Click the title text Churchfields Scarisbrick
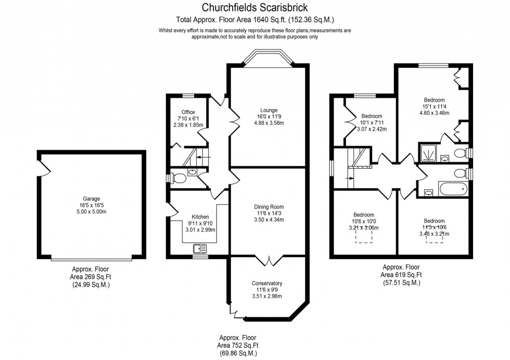(254, 8)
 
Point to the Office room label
(188, 112)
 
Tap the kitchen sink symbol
(199, 249)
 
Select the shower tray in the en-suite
(429, 152)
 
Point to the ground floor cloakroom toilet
(179, 178)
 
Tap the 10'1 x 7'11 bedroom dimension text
(372, 123)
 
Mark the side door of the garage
(42, 166)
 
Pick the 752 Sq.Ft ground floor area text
(238, 345)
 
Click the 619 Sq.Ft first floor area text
(401, 275)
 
